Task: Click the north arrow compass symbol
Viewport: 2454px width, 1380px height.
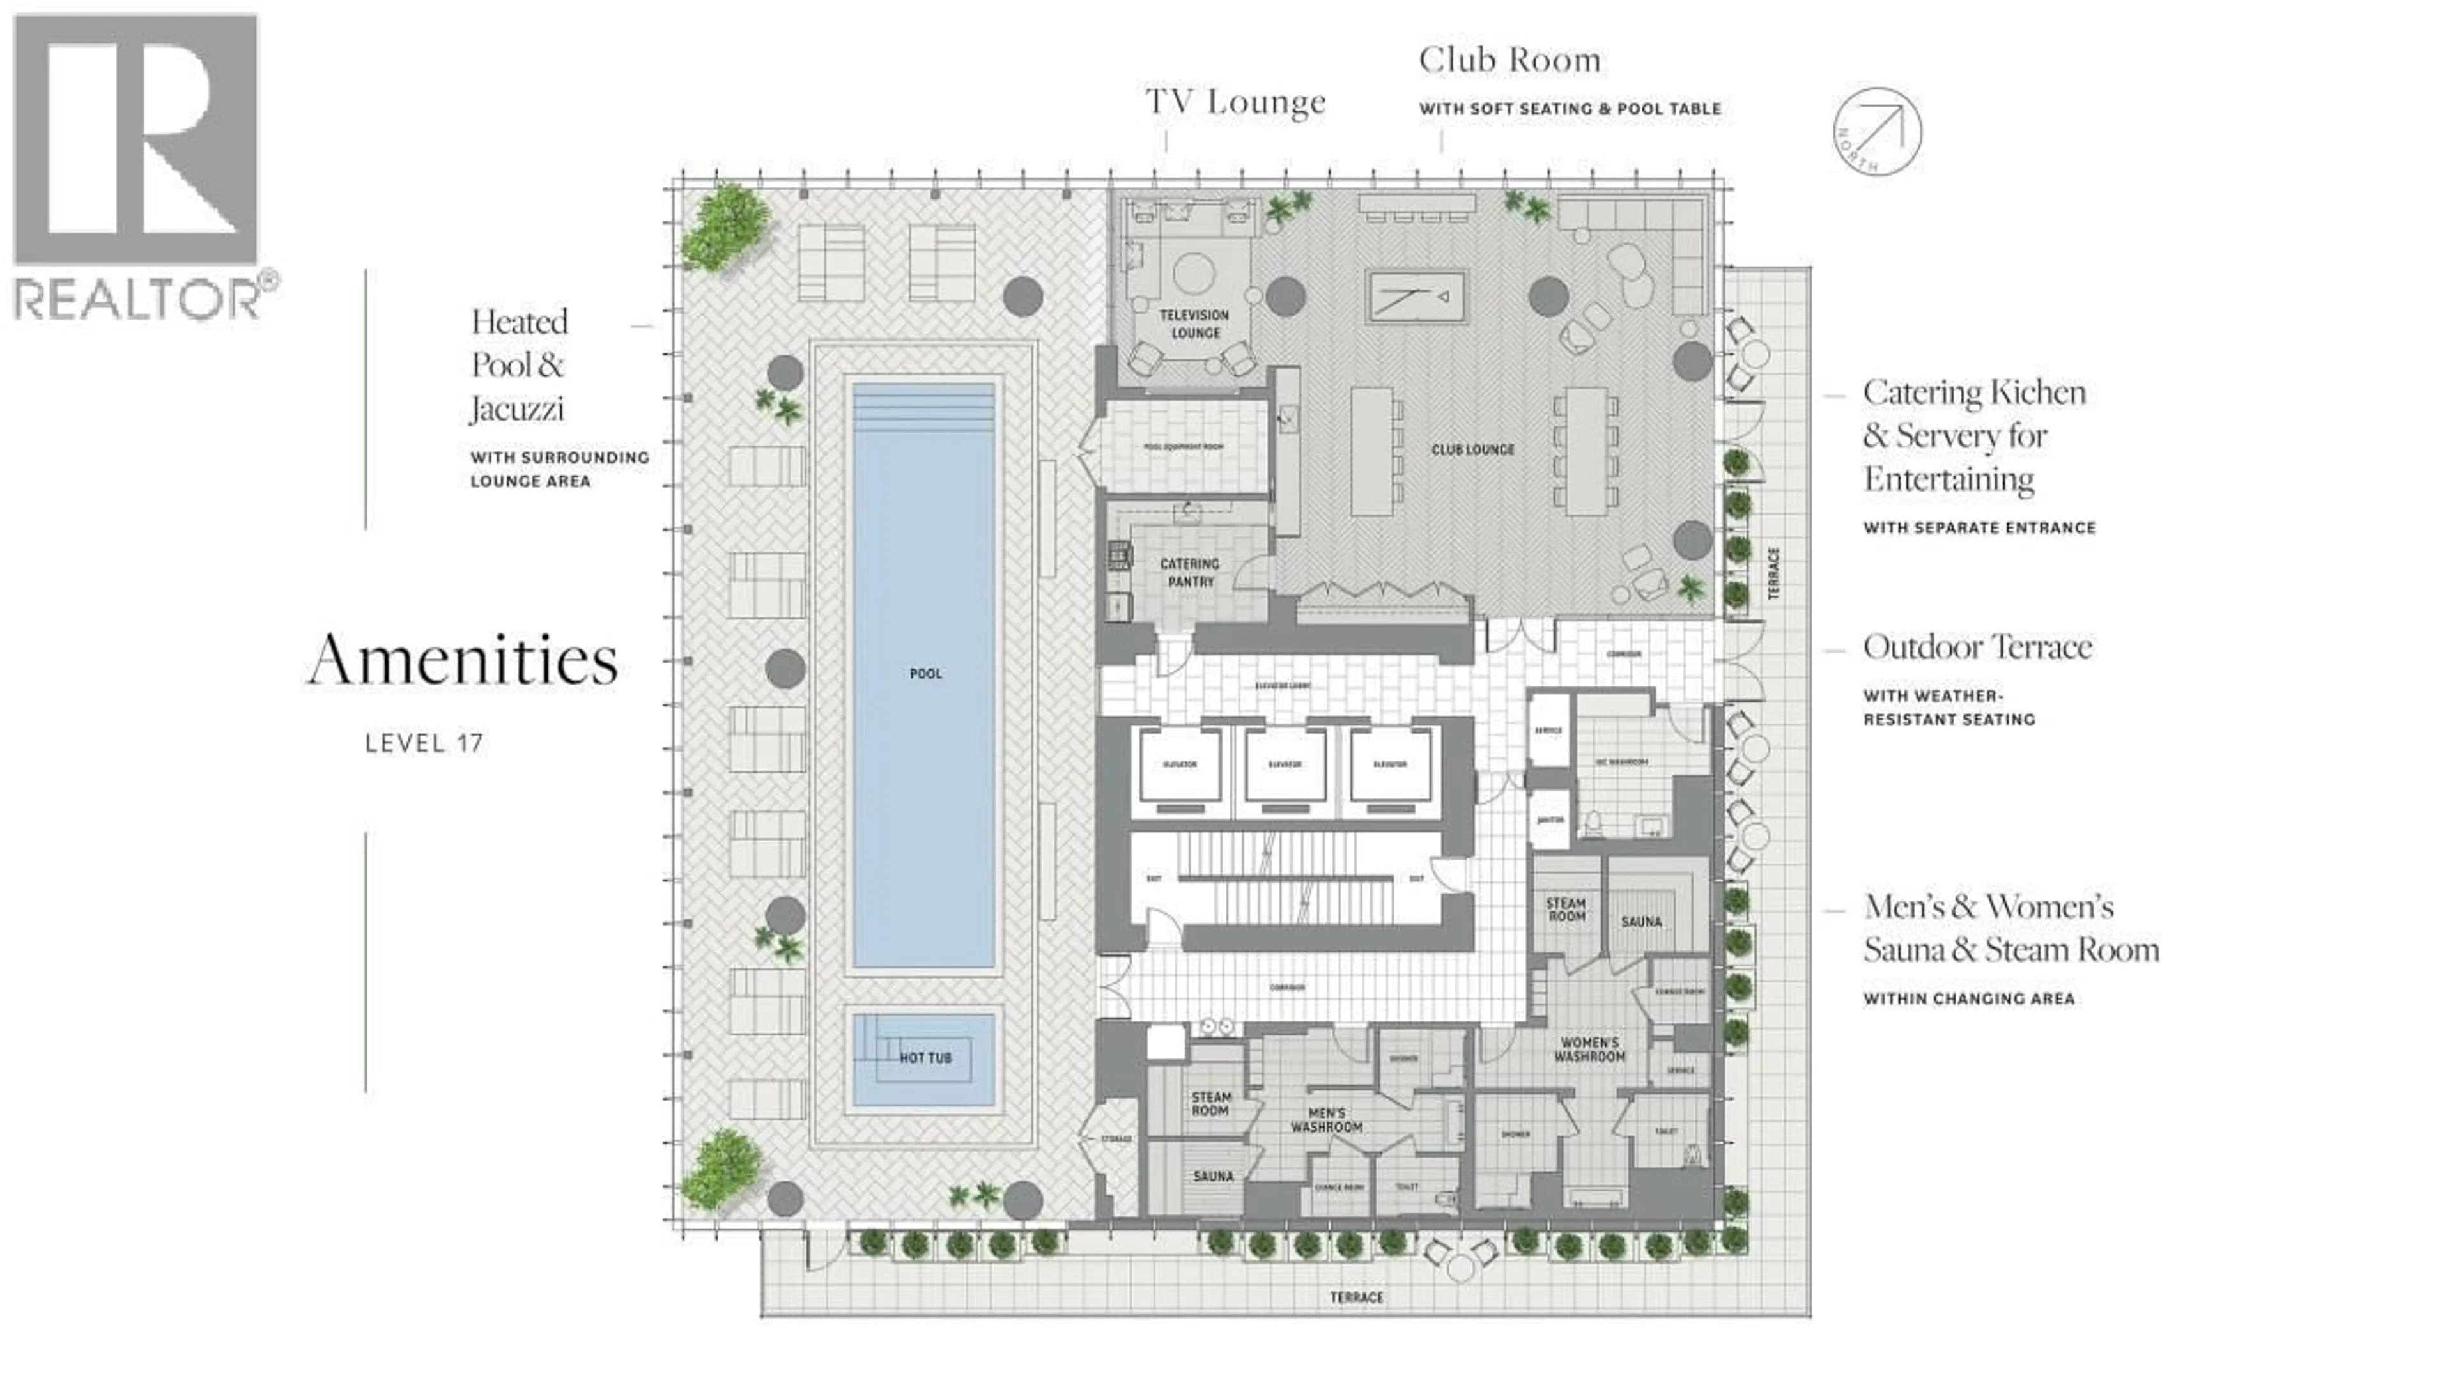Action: point(1877,132)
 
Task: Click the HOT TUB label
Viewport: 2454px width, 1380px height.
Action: point(925,1058)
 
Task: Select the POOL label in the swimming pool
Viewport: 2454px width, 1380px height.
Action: point(925,674)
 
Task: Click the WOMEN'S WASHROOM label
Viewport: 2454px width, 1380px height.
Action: point(1589,1050)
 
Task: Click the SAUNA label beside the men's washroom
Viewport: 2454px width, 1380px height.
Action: point(1213,1177)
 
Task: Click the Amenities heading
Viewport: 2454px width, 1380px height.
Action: point(463,660)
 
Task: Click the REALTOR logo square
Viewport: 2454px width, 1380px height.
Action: point(135,139)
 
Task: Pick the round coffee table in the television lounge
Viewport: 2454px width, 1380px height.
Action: point(1194,274)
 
